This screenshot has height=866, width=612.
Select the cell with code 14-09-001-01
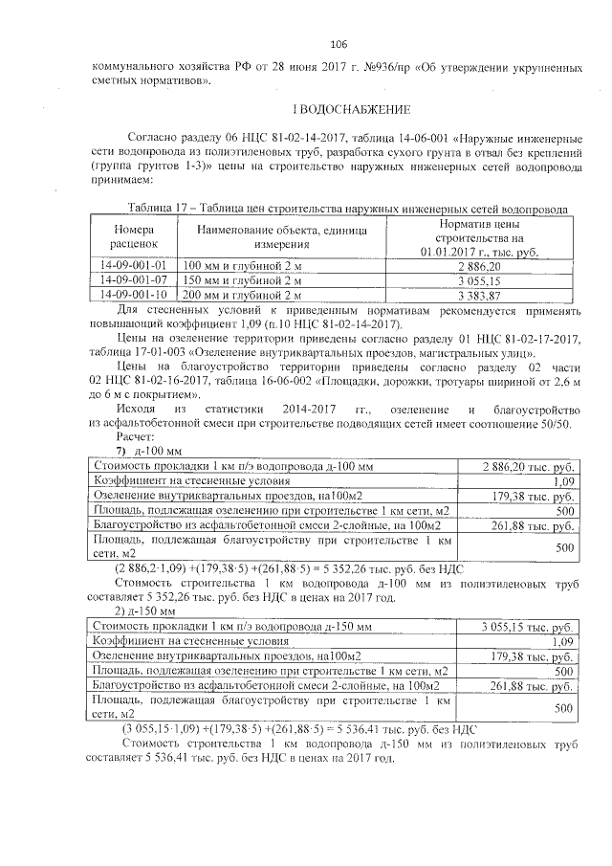(133, 264)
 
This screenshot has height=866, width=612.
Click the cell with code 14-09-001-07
(133, 280)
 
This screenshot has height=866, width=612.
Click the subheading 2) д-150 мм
(145, 611)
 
